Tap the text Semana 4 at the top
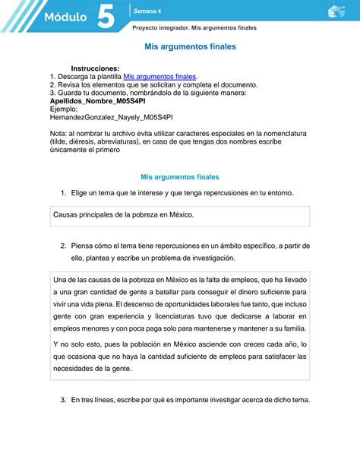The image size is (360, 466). click(147, 11)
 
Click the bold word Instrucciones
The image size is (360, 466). click(95, 68)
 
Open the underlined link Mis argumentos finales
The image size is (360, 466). click(159, 77)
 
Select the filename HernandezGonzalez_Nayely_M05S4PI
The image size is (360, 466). click(111, 118)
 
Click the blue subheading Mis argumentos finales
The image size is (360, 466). click(175, 176)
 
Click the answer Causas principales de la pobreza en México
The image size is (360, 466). click(124, 215)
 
